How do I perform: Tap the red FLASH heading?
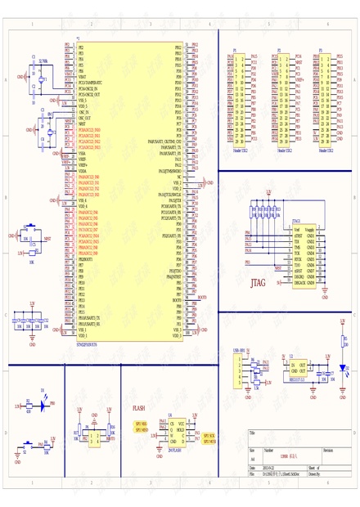point(139,406)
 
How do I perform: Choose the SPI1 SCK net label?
point(209,435)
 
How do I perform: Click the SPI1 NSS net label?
point(141,424)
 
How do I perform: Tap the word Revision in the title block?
point(327,451)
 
